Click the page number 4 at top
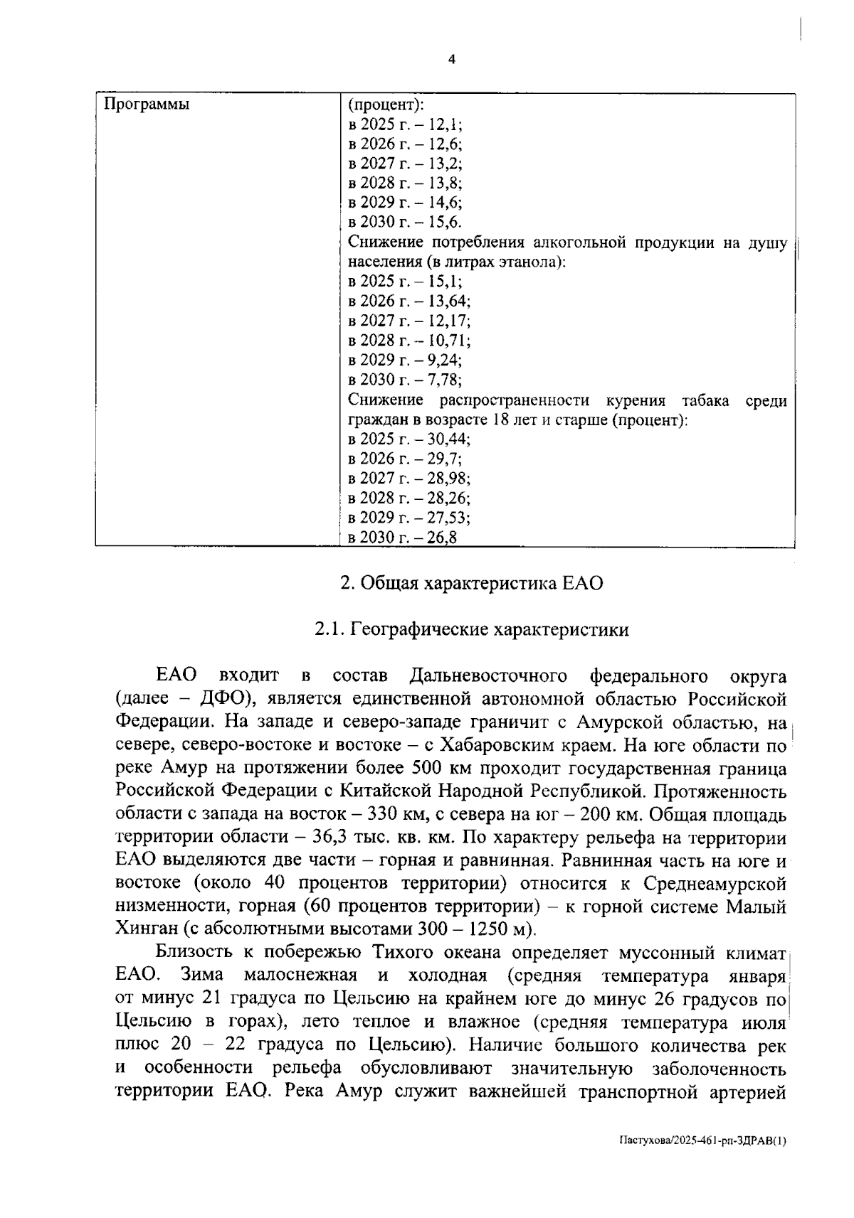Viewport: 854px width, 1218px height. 450,60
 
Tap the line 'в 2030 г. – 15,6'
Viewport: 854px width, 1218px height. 404,221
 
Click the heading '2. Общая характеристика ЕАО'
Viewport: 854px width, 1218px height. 471,584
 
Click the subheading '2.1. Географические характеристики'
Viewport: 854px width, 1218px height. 472,630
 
